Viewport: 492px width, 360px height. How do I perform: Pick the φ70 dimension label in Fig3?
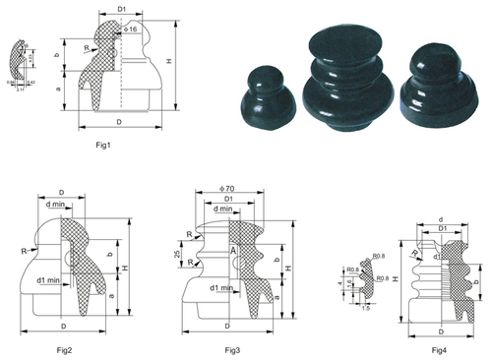coord(229,188)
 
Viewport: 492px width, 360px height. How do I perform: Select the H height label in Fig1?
coord(175,61)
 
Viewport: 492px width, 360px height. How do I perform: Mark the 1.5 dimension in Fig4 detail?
coord(367,308)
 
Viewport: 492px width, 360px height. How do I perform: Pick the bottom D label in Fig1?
coord(118,123)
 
